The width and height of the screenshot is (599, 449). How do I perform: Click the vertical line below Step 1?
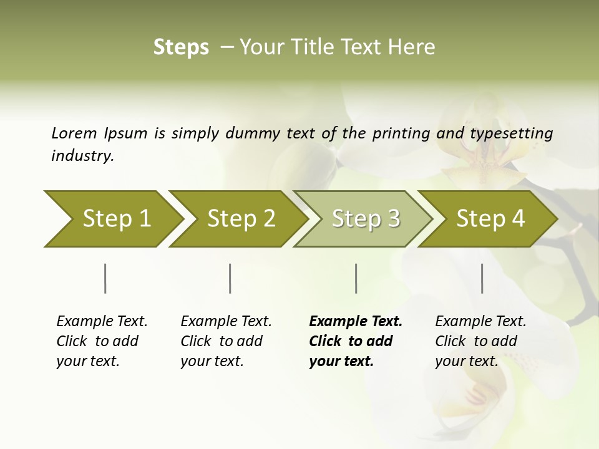pyautogui.click(x=105, y=278)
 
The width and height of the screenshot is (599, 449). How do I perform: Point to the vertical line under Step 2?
pyautogui.click(x=230, y=278)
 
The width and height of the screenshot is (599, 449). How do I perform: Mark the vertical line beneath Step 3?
pyautogui.click(x=356, y=278)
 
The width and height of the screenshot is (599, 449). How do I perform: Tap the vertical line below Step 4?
pyautogui.click(x=482, y=278)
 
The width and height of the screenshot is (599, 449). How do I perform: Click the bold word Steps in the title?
pyautogui.click(x=181, y=47)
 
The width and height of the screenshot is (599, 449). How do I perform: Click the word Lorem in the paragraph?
pyautogui.click(x=74, y=133)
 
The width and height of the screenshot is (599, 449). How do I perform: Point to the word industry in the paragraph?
pyautogui.click(x=82, y=155)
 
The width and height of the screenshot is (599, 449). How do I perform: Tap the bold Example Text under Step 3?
pyautogui.click(x=356, y=321)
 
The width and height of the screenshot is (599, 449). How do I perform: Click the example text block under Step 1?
pyautogui.click(x=101, y=341)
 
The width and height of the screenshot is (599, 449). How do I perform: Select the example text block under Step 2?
pyautogui.click(x=225, y=341)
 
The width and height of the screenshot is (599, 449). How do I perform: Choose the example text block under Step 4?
pyautogui.click(x=480, y=341)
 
